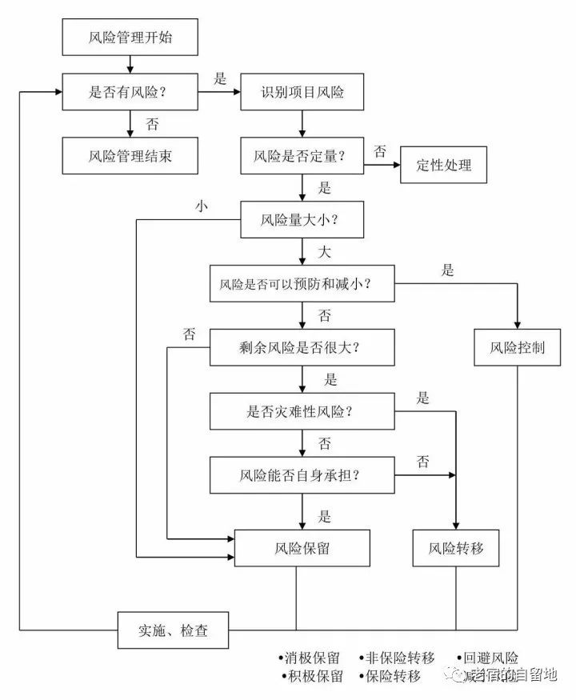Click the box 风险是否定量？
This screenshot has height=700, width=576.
(x=302, y=154)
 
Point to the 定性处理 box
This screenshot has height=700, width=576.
(x=444, y=165)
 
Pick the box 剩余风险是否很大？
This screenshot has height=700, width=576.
(x=302, y=348)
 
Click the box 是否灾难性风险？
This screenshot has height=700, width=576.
(x=302, y=412)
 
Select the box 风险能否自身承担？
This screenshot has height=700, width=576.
(x=302, y=475)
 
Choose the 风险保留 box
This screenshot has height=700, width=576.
(x=302, y=549)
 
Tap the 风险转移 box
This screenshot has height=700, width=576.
(x=456, y=549)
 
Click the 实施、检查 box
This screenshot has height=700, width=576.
(x=174, y=630)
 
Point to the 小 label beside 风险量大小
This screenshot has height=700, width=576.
(x=201, y=206)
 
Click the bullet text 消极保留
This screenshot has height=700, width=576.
(x=312, y=658)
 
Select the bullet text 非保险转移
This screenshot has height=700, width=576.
(x=399, y=658)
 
